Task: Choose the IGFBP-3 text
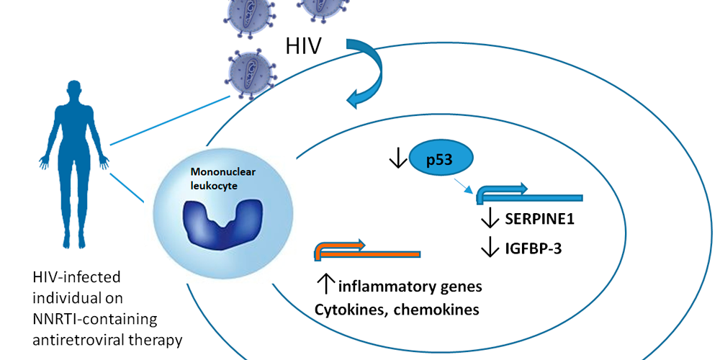pyautogui.click(x=529, y=248)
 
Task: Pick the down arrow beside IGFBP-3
pyautogui.click(x=490, y=248)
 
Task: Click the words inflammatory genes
pyautogui.click(x=410, y=287)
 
